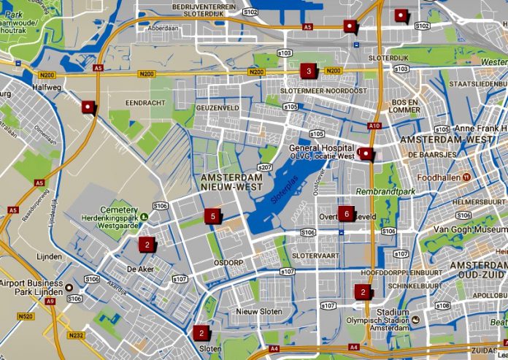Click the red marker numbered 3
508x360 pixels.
(309, 71)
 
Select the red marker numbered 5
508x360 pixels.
(212, 215)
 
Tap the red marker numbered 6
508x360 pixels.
(346, 214)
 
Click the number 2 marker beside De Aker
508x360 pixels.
(147, 244)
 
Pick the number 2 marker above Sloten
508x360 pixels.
(201, 333)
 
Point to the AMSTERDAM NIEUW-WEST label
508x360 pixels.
(231, 183)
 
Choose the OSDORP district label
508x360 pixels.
(228, 263)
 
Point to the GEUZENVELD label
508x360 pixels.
(218, 107)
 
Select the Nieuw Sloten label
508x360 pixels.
(259, 312)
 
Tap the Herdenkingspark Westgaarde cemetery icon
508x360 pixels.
(145, 217)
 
